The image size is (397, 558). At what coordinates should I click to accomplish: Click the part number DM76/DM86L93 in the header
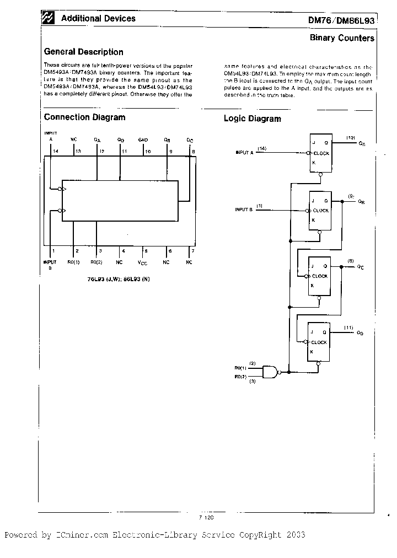pos(341,20)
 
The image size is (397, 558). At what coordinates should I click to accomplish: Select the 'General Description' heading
pos(83,52)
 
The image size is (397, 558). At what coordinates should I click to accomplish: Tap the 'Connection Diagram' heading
pos(84,117)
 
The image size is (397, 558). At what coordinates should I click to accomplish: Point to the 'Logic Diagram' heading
pos(252,119)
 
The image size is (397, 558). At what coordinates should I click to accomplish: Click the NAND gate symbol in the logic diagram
pos(270,372)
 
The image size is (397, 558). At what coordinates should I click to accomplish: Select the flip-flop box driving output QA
pos(320,153)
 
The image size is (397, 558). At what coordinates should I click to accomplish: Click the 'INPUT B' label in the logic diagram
pos(244,210)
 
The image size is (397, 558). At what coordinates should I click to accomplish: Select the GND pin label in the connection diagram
pos(143,140)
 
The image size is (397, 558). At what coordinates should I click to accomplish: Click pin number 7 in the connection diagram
pos(192,251)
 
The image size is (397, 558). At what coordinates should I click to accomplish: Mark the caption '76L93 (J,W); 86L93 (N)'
pos(119,280)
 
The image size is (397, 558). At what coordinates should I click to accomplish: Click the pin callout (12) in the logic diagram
pos(350,137)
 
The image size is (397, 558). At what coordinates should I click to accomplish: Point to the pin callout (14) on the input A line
pos(261,148)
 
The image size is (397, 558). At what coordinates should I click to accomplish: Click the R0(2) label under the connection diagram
pos(96,262)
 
